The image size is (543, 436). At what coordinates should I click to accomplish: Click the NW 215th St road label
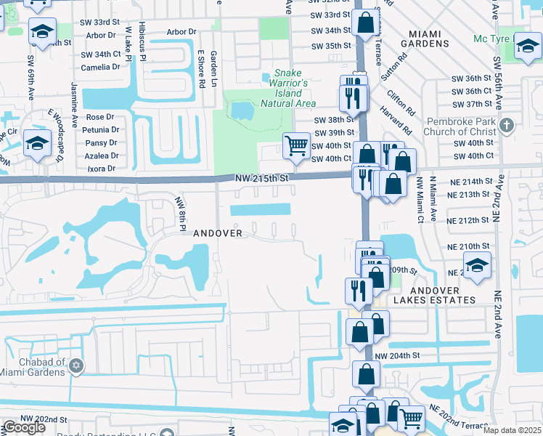pyautogui.click(x=262, y=178)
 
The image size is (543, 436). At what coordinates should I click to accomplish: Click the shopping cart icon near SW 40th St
pyautogui.click(x=296, y=145)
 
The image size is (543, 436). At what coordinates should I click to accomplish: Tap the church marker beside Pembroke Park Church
pyautogui.click(x=507, y=126)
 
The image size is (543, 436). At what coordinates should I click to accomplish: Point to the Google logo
pyautogui.click(x=24, y=427)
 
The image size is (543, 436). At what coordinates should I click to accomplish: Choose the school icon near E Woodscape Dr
pyautogui.click(x=36, y=142)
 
